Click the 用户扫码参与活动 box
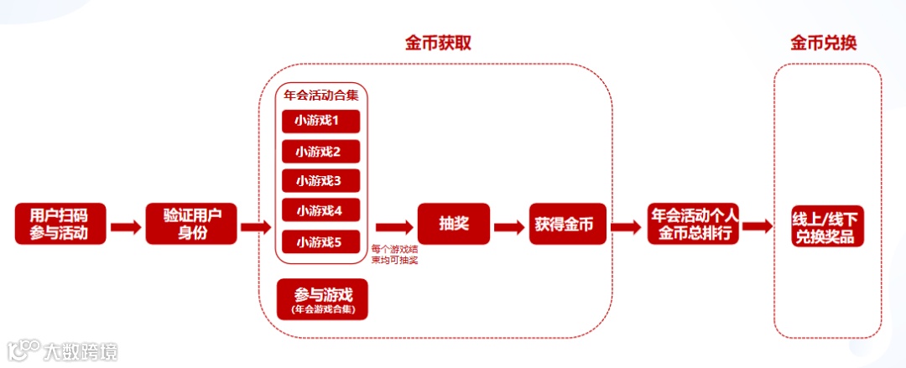pyautogui.click(x=60, y=223)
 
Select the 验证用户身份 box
pyautogui.click(x=191, y=223)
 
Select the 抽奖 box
pyautogui.click(x=454, y=224)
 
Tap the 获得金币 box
pyautogui.click(x=567, y=224)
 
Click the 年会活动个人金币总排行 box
pyautogui.click(x=693, y=223)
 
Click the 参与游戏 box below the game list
pyautogui.click(x=323, y=299)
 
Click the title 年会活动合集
pyautogui.click(x=322, y=95)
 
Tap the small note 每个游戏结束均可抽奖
pyautogui.click(x=394, y=254)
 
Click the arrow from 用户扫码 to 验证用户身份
pyautogui.click(x=126, y=226)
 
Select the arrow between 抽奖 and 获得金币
pyautogui.click(x=509, y=226)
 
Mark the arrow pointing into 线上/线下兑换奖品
pyautogui.click(x=757, y=226)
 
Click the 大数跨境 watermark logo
pyautogui.click(x=62, y=350)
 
